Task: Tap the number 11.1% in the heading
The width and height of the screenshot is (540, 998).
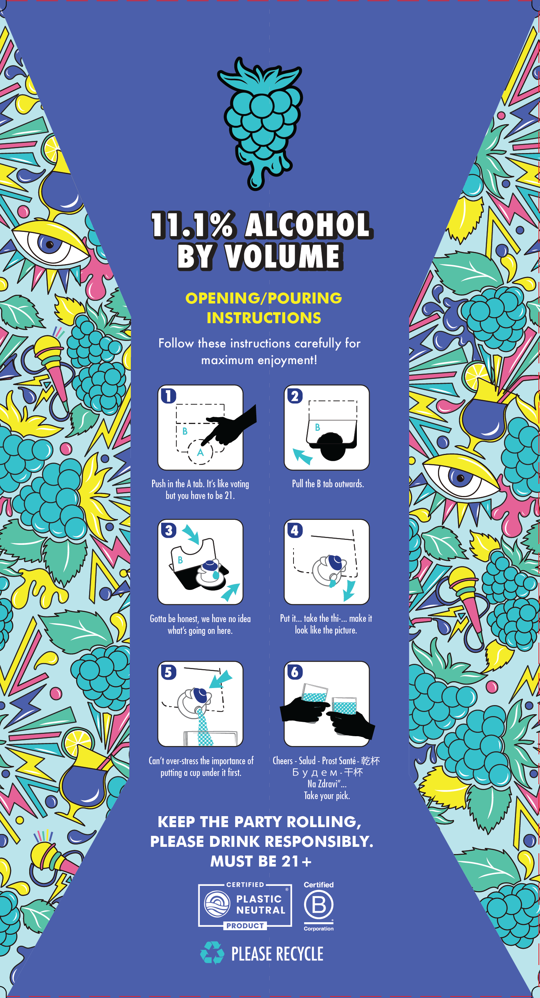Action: pyautogui.click(x=193, y=225)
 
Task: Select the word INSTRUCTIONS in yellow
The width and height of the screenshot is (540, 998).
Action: pyautogui.click(x=264, y=318)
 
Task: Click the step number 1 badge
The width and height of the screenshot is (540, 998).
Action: pyautogui.click(x=169, y=396)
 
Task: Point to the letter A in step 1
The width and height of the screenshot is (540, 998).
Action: pyautogui.click(x=201, y=452)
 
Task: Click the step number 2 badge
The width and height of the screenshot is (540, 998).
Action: pyautogui.click(x=295, y=396)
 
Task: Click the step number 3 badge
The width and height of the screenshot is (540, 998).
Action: pyautogui.click(x=169, y=530)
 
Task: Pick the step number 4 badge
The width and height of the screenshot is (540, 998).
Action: pyautogui.click(x=295, y=530)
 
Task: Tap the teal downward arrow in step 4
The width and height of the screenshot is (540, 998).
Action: pyautogui.click(x=349, y=590)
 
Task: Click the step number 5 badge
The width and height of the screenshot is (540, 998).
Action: pyautogui.click(x=169, y=672)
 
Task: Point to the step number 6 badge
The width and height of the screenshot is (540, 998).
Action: pyautogui.click(x=295, y=672)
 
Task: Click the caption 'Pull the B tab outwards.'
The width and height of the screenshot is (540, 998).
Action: pyautogui.click(x=328, y=484)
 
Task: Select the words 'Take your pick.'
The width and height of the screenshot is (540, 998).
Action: pyautogui.click(x=327, y=796)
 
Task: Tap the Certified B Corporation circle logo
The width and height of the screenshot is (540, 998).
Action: pyautogui.click(x=319, y=905)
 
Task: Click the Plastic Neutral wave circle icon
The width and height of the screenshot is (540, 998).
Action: pyautogui.click(x=217, y=904)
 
